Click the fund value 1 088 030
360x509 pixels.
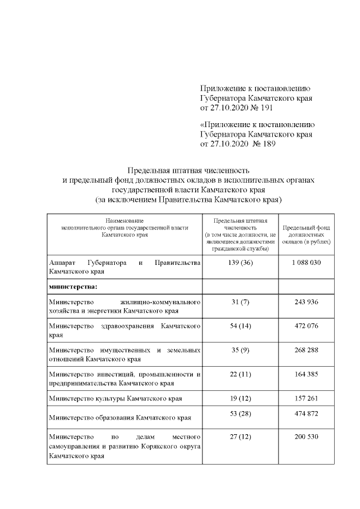(306, 263)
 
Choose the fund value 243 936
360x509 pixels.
(306, 302)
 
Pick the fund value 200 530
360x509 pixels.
(306, 436)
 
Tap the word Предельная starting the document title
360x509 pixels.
(147, 170)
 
